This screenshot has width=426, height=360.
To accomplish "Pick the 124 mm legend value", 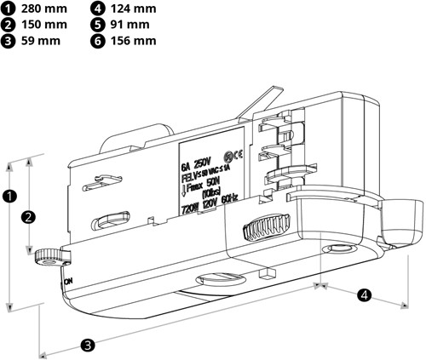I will (x=134, y=9).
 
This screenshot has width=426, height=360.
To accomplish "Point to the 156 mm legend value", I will (x=134, y=40).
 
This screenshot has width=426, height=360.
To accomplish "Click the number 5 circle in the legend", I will (x=97, y=24).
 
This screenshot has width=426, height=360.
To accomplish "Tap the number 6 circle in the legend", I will (x=97, y=40).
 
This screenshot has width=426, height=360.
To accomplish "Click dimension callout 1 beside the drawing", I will (x=9, y=195).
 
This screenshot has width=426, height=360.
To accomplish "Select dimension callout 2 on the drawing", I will (x=28, y=216).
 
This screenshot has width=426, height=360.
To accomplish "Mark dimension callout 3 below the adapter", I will (x=87, y=345).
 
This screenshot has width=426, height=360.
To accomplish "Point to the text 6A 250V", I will (x=195, y=160).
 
